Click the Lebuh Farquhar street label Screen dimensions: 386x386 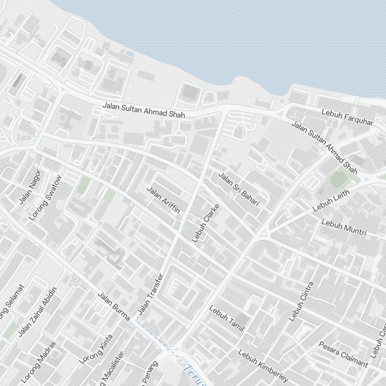tap(347, 117)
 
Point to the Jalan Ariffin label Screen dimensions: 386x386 tap(164, 200)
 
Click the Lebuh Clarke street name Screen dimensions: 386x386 tap(205, 223)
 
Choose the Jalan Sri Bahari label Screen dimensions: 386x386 tap(239, 189)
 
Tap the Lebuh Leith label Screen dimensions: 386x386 tap(331, 200)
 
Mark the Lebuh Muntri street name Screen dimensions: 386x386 tap(344, 228)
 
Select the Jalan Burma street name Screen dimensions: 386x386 tap(113, 306)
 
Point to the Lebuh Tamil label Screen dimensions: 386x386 tap(227, 318)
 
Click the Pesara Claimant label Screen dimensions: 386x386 tap(343, 354)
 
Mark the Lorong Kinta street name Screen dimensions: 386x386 tap(96, 349)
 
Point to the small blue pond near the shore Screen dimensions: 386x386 tap(130, 55)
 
